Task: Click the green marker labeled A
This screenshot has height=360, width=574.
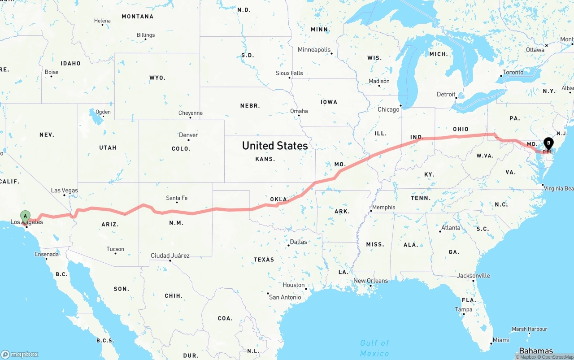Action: point(26,216)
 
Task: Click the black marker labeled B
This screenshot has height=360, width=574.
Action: point(548,143)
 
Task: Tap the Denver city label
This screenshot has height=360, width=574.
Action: point(188,135)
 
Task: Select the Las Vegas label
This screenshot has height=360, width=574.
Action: point(64,191)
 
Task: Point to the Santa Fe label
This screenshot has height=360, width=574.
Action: point(177,198)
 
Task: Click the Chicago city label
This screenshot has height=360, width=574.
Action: point(388,109)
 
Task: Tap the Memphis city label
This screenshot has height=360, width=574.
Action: point(383,207)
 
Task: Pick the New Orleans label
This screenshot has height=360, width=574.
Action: point(370,281)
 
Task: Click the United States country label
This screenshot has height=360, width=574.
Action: point(275,145)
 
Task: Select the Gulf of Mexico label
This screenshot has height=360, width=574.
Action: point(374,348)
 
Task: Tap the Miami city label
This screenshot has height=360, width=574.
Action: point(501,340)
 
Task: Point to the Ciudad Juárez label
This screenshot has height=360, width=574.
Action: point(170,256)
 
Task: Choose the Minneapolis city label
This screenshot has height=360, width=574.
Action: point(314,50)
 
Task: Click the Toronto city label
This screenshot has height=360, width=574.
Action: point(513,72)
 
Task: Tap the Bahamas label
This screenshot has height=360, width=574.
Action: point(536,351)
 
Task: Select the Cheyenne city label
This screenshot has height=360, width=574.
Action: point(191,113)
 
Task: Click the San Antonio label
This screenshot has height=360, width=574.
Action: point(285,297)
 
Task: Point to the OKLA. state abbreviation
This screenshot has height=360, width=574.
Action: point(278,199)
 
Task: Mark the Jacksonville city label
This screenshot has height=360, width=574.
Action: point(474,276)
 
